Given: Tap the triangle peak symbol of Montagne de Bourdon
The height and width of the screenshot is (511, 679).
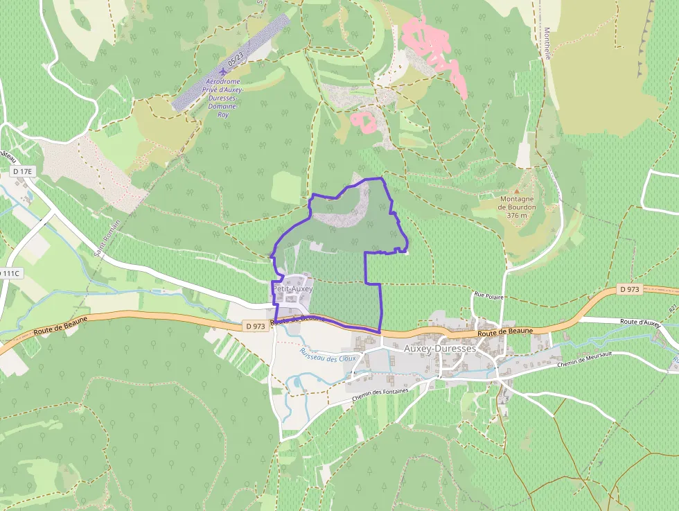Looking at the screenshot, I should pos(517,189).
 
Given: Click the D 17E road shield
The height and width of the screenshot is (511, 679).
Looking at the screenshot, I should pos(22,171).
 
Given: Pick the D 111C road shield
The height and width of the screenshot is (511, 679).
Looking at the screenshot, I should pos(10,273).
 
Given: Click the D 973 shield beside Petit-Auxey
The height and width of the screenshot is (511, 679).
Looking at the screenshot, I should pos(255,325).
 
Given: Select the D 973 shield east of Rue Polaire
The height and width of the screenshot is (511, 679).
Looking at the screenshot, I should pos(628,289).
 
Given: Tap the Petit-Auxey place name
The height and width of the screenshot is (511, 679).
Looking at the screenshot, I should pos(293,288).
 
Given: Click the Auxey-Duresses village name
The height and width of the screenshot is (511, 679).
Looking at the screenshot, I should pos(439,349).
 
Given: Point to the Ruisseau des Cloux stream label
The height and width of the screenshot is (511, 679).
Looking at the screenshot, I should pos(328,353).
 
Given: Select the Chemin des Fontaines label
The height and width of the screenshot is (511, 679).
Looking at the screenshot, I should pos(381,395).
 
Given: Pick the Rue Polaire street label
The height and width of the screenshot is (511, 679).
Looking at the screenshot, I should pos(488,296).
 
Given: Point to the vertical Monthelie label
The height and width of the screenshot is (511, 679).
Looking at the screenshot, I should pos(546,43).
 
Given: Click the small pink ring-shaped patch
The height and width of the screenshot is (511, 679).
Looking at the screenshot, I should pos(364,121).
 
